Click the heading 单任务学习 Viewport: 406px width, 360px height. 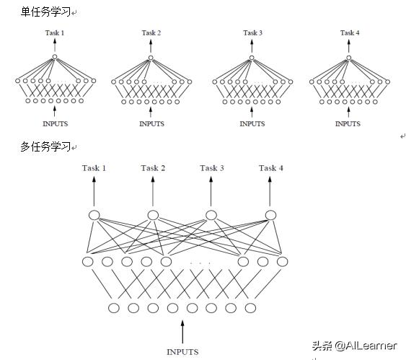coord(45,12)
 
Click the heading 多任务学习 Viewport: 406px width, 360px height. coord(45,147)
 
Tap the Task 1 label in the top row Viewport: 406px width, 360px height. coord(55,33)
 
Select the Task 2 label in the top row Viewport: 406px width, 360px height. coord(151,33)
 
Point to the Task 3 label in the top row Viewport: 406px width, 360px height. coord(252,33)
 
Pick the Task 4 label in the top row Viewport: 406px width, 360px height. coord(349,33)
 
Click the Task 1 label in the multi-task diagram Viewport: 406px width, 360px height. coord(94,168)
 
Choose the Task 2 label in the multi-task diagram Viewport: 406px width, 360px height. coord(153,168)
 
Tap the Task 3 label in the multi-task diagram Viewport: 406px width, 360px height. coord(212,168)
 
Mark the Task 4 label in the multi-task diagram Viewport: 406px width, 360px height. coord(271,168)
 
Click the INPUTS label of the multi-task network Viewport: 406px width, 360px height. coord(182,352)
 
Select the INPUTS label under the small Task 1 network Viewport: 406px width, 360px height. coord(55,124)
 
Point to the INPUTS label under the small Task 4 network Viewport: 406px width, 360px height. coord(348,124)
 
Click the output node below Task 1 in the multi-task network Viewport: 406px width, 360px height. coord(94,214)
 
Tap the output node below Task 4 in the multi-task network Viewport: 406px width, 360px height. coord(270,214)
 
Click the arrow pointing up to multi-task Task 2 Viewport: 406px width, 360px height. coord(153,190)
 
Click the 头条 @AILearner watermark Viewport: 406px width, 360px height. coord(354,346)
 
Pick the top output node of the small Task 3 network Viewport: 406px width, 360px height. coord(252,57)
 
